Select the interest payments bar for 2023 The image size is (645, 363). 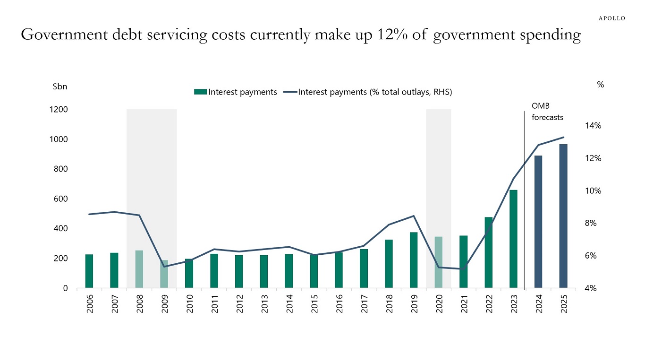[513, 239]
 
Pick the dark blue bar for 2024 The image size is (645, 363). [538, 222]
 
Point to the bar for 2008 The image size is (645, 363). [139, 269]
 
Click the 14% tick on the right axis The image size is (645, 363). [593, 126]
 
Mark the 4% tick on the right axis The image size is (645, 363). [591, 288]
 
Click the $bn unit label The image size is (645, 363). [59, 87]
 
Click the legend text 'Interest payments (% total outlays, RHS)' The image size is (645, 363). [375, 92]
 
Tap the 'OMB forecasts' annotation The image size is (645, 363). [547, 112]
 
